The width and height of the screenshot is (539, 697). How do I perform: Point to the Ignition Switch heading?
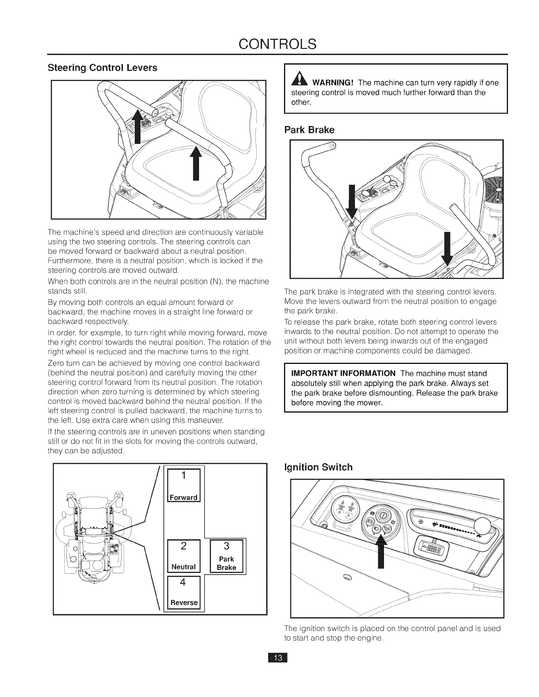pyautogui.click(x=318, y=467)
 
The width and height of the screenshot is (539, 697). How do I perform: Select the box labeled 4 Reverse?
pyautogui.click(x=184, y=592)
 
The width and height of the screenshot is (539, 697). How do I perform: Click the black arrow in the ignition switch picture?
pyautogui.click(x=381, y=554)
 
